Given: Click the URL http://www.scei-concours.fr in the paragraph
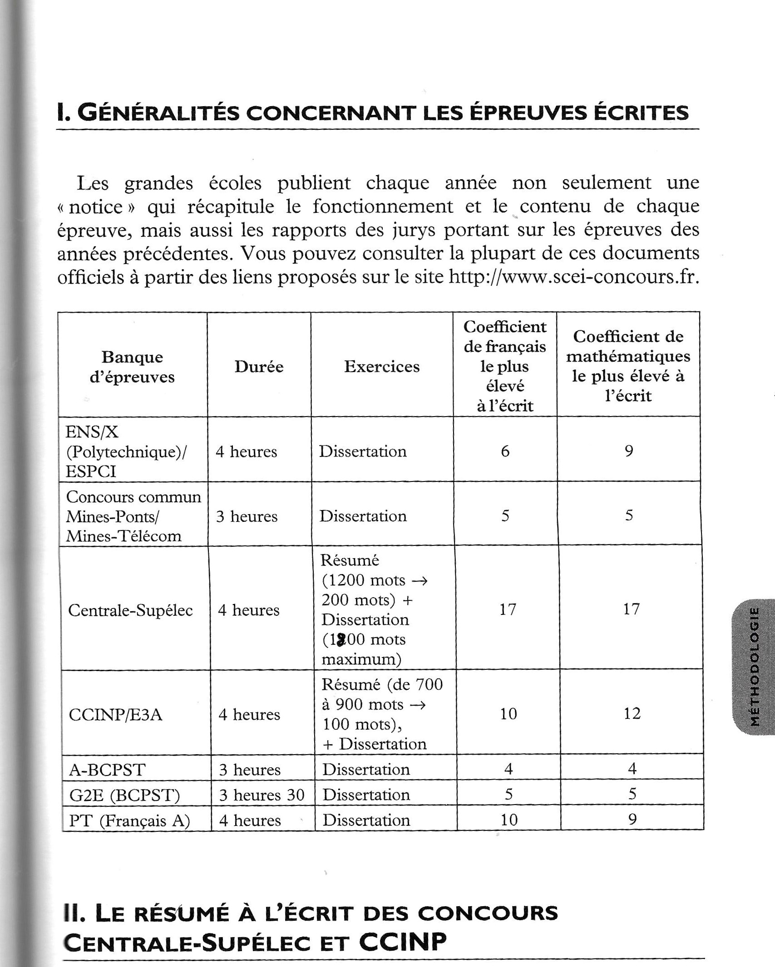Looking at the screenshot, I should point(573,277).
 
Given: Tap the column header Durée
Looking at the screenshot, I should point(259,367).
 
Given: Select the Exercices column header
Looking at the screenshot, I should point(382,367).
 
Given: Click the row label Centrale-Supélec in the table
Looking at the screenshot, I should point(130,610).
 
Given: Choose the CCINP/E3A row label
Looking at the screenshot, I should point(115,715).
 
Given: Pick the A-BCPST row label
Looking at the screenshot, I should point(107,770).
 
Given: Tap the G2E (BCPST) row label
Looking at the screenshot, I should point(125,795).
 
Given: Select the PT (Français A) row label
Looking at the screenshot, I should point(129,820).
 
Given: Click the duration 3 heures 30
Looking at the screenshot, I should point(262,795).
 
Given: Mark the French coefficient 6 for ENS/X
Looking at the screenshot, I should point(505,451).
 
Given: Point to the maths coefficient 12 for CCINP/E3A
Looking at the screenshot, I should point(632,713).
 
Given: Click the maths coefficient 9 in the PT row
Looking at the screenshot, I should point(632,819).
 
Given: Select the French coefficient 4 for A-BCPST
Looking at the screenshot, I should point(508,769).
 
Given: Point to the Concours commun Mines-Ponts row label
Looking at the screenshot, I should point(133,516).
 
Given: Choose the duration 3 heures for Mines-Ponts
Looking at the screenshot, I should point(247,516).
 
